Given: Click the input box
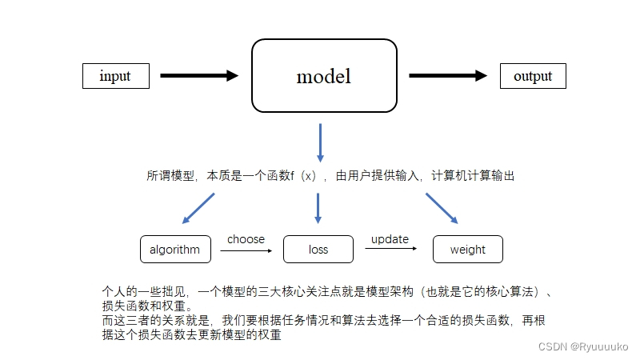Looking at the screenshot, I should (117, 76).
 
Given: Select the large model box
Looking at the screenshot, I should (324, 77).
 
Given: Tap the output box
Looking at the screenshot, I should (533, 76).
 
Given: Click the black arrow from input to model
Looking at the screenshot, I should (199, 76).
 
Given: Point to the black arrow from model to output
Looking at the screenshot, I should (448, 76).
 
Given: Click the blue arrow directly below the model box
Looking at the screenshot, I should (320, 142).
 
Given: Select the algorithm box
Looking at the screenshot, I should (175, 250).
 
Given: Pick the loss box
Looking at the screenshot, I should (318, 250).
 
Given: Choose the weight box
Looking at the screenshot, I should (467, 250).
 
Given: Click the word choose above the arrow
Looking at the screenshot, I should (246, 239).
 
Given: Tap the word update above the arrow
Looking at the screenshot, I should (390, 239).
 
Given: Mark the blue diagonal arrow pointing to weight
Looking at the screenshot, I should (442, 208).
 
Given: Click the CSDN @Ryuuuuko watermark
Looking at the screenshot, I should (583, 346).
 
